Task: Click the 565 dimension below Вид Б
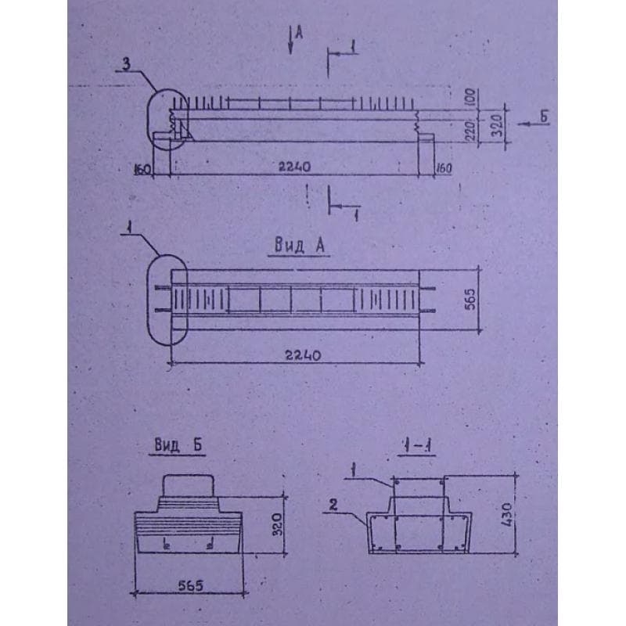click(186, 584)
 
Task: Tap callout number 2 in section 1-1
click(332, 505)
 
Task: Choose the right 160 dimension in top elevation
click(444, 167)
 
